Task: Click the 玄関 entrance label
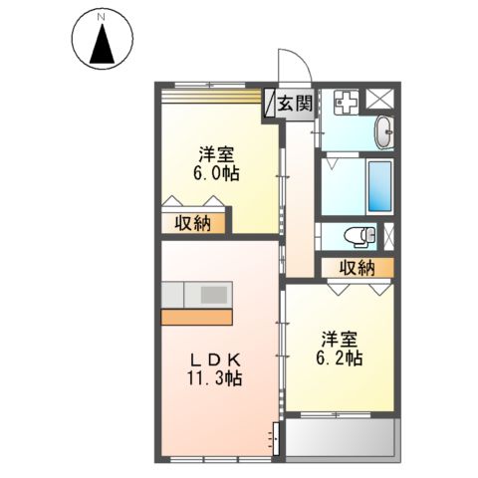(295, 102)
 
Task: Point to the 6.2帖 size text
(340, 356)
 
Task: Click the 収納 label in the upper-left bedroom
(195, 222)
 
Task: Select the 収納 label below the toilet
(356, 267)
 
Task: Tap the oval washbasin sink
(385, 130)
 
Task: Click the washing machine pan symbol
(346, 101)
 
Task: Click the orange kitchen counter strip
(196, 318)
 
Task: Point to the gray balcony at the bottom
(340, 436)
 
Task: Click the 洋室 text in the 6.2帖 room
(341, 336)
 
